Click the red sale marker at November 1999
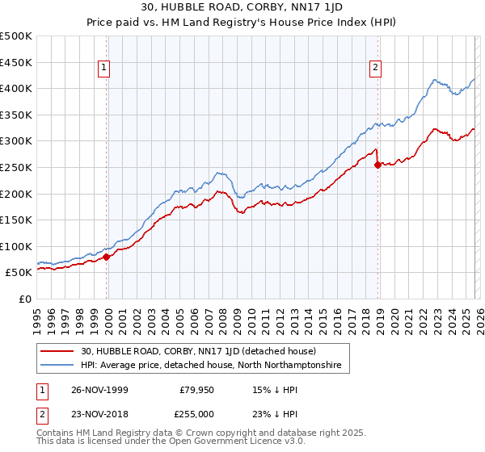coord(107,257)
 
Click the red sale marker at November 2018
coord(377,165)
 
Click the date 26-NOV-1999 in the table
coord(99,390)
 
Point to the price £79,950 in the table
coord(196,390)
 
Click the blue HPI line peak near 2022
coord(435,80)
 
